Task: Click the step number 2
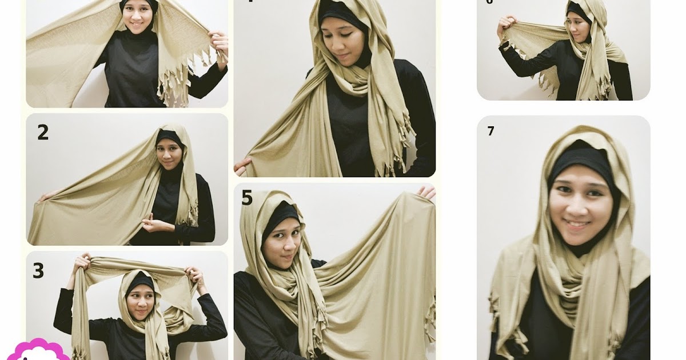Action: coord(43,133)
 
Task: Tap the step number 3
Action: coord(38,270)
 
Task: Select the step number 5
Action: coord(247,198)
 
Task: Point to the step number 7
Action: coord(490,131)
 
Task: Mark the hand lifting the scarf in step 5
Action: coord(426,193)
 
